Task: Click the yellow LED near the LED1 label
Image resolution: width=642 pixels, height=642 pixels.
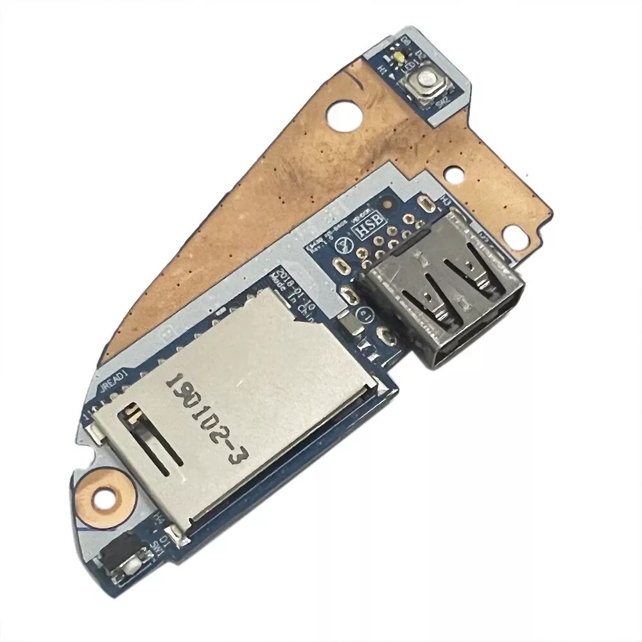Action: [x=399, y=58]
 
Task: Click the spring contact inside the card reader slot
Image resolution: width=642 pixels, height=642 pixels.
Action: [x=136, y=413]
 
